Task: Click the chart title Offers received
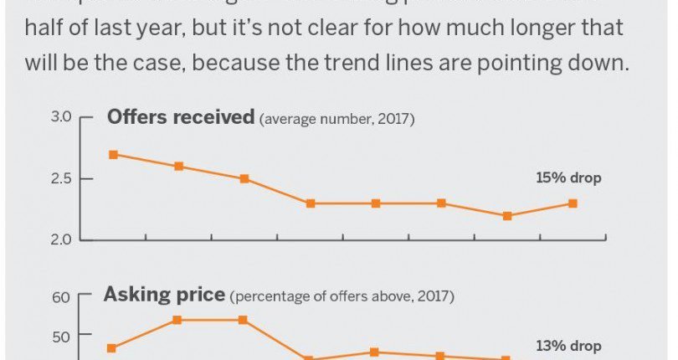pos(180,117)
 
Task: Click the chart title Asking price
pos(164,295)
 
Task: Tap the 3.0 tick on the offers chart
pos(60,117)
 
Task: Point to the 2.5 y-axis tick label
pos(60,179)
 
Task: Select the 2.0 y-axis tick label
pos(60,240)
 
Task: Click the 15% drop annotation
pos(568,178)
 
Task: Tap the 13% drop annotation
pos(568,346)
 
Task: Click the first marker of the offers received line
pos(113,154)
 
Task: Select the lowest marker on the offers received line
pos(507,216)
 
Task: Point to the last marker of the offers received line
pos(573,203)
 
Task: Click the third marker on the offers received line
pos(244,179)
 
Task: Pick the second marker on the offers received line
pos(178,167)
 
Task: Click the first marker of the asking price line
pos(112,348)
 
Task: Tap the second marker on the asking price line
pos(178,320)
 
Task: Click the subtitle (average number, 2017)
pos(337,119)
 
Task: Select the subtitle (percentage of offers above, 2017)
pos(342,296)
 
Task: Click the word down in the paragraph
pos(600,62)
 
